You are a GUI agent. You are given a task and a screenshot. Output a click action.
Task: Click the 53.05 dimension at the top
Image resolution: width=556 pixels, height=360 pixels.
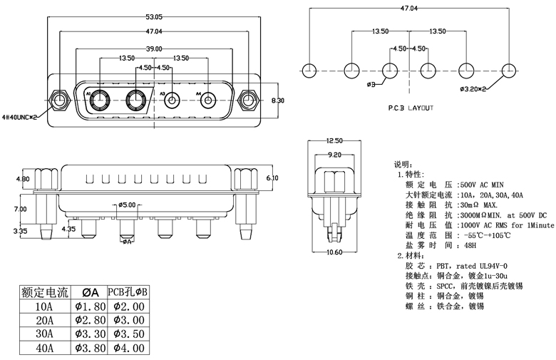pyautogui.click(x=153, y=16)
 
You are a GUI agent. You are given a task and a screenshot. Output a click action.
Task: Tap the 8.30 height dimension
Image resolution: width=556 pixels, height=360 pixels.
pyautogui.click(x=278, y=101)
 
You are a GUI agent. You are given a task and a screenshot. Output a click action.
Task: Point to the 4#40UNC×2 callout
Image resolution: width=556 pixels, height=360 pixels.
pyautogui.click(x=23, y=115)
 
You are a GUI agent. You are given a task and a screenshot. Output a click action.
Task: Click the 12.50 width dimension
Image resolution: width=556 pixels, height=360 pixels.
pyautogui.click(x=334, y=140)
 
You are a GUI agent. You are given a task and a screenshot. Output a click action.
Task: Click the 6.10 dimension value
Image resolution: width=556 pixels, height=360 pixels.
pyautogui.click(x=272, y=177)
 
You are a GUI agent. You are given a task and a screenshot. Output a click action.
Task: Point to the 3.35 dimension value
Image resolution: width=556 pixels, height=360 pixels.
pyautogui.click(x=21, y=231)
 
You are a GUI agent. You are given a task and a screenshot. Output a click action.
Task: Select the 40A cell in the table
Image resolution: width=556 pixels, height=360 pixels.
pyautogui.click(x=44, y=349)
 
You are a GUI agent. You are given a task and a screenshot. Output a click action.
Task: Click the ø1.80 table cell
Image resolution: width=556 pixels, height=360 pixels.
pyautogui.click(x=90, y=306)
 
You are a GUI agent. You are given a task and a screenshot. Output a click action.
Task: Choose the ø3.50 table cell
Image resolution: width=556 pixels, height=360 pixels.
pyautogui.click(x=128, y=334)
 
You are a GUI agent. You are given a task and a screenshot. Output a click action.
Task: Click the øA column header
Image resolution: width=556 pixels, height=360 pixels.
pyautogui.click(x=90, y=292)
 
